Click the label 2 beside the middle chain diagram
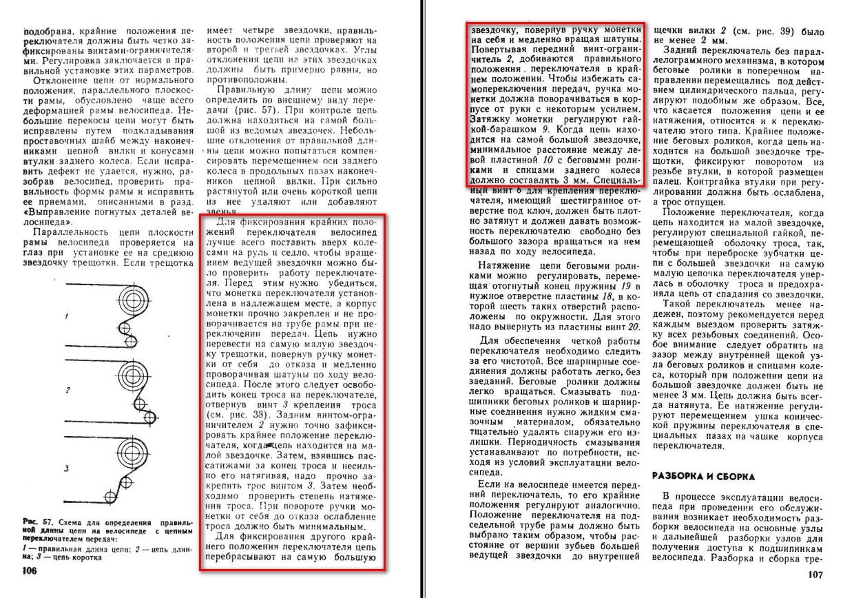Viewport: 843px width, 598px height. [x=67, y=391]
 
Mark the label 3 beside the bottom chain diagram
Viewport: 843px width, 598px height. [x=66, y=468]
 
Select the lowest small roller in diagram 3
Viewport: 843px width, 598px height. [x=111, y=497]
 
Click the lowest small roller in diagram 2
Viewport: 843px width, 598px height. [x=149, y=417]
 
